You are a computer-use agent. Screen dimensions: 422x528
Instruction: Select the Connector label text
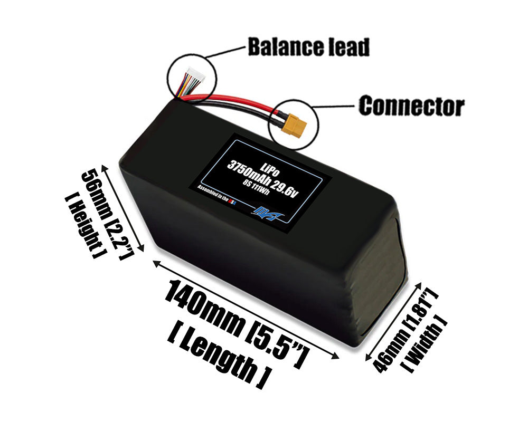(411, 105)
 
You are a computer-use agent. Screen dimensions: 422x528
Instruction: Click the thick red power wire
(238, 100)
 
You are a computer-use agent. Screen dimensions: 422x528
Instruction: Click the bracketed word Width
(427, 343)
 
